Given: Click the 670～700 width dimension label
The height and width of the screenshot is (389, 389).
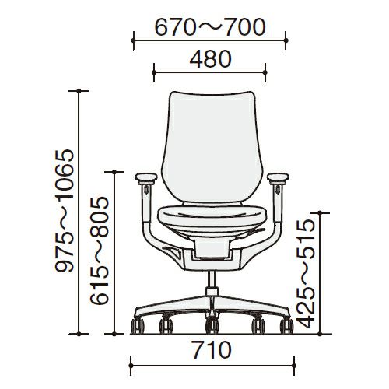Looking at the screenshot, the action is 210,27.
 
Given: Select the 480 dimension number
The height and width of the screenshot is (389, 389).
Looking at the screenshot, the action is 210,59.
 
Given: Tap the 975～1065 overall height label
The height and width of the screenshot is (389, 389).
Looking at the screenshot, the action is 65,211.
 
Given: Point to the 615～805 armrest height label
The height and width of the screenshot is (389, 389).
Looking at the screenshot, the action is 100,251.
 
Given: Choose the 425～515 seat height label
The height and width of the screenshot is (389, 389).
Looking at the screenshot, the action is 306,274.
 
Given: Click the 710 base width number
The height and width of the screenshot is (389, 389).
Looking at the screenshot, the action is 212,350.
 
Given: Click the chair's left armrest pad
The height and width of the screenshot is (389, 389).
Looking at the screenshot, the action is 146,177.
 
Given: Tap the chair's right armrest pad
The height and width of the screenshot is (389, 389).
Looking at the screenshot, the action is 278,177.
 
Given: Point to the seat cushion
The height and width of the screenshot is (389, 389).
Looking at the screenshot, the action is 212,216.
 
